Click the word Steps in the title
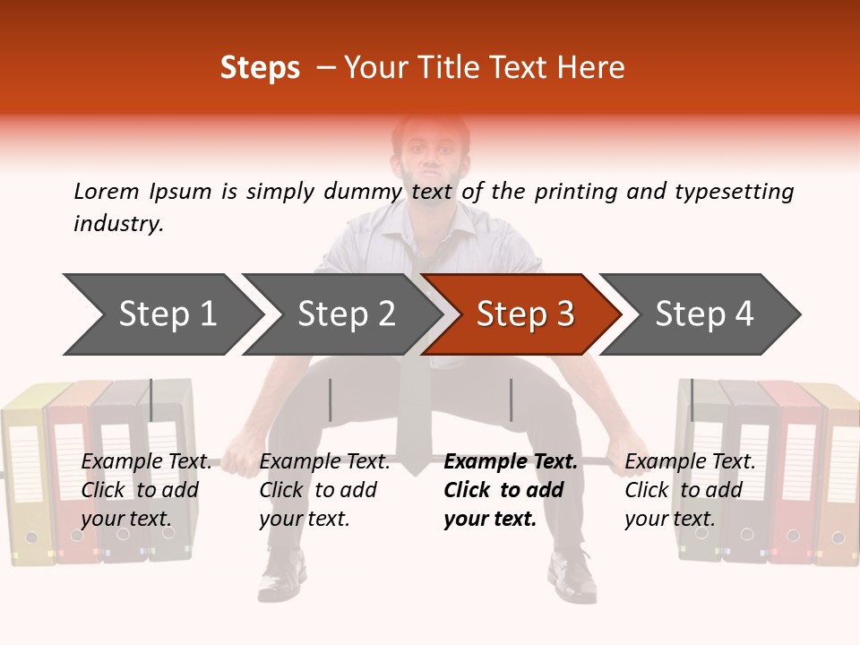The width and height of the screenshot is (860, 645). [260, 68]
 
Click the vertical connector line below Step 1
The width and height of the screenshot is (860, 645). [151, 400]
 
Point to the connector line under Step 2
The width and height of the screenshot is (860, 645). [331, 400]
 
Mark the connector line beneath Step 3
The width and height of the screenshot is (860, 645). [511, 400]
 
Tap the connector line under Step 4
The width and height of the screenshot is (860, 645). [692, 400]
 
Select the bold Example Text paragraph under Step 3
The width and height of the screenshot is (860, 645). [510, 490]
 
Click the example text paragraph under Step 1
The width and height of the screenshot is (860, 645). [146, 490]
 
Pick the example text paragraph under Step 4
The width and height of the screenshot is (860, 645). [689, 490]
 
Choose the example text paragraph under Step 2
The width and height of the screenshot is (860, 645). [324, 490]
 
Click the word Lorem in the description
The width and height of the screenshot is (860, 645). [107, 192]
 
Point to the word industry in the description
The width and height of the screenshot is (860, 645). [118, 224]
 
